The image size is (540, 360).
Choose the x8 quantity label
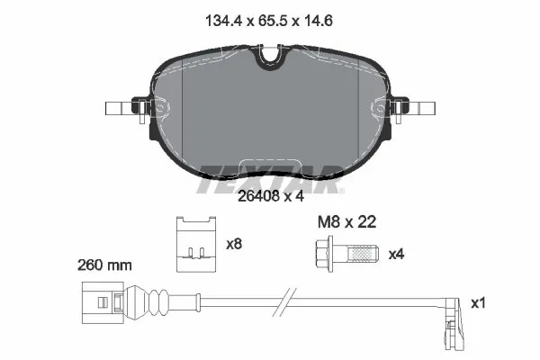[235, 244]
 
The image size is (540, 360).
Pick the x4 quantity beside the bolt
[396, 255]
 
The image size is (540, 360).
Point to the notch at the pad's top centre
[269, 57]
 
